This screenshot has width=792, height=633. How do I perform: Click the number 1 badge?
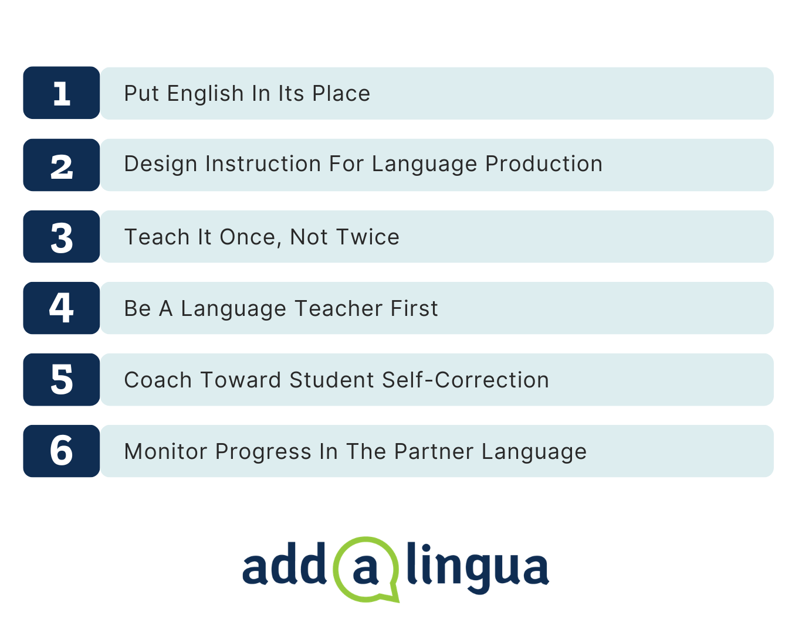(x=62, y=93)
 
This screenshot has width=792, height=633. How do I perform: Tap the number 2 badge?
(x=62, y=165)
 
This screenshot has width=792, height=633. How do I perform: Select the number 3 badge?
(x=62, y=237)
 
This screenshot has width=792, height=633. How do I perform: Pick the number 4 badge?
(x=62, y=308)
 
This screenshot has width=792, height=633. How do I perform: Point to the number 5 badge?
(x=62, y=380)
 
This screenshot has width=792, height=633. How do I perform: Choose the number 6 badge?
(x=62, y=451)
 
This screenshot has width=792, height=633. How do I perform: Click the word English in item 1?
(x=205, y=94)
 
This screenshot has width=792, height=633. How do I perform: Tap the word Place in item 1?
(x=341, y=93)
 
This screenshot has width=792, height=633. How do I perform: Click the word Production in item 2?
(x=544, y=164)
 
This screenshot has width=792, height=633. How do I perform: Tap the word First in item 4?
(x=414, y=308)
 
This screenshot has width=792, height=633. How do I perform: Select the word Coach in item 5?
(x=158, y=380)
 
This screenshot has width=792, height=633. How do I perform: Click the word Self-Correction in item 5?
(x=465, y=380)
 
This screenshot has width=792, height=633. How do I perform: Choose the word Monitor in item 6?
(x=166, y=451)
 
